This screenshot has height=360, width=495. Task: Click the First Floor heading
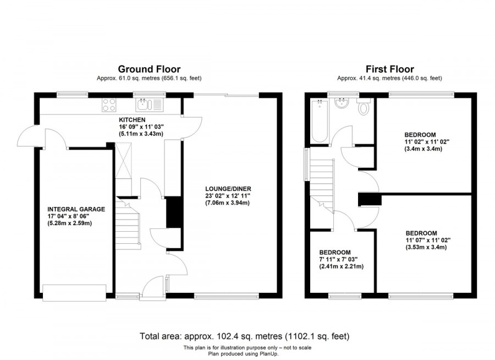(x=390, y=69)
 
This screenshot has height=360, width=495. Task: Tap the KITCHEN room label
(x=133, y=119)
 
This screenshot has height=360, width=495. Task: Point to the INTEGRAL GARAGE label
(x=76, y=209)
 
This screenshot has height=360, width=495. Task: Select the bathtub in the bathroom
(x=320, y=121)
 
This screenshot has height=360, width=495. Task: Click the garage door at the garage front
(x=75, y=292)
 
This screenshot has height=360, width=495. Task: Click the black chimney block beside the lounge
(x=174, y=211)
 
